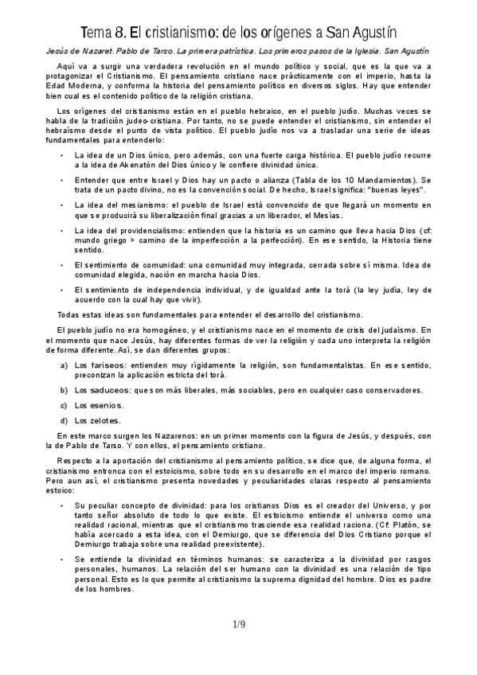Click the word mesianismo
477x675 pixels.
[132, 205]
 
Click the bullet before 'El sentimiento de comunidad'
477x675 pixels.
[63, 265]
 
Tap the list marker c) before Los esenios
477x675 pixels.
[63, 405]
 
